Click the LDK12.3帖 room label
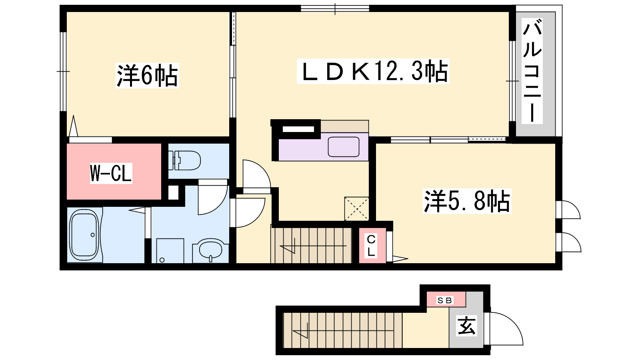[x=373, y=71]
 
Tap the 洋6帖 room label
[x=147, y=76]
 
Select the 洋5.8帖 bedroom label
[x=467, y=201]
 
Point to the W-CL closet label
[x=111, y=173]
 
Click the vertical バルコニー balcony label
[x=532, y=71]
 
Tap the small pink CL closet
[x=372, y=246]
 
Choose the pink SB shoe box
[x=446, y=299]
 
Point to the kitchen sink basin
[x=344, y=146]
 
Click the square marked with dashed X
[x=356, y=209]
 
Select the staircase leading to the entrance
[x=342, y=330]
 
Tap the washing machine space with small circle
[x=170, y=251]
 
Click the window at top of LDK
[x=335, y=8]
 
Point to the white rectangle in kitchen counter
[x=298, y=129]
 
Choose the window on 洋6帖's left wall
[x=63, y=71]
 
